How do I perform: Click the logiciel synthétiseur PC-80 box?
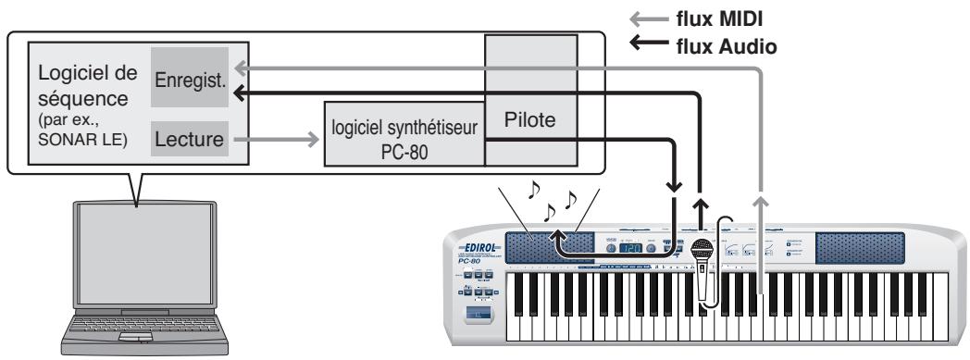coord(404,139)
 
